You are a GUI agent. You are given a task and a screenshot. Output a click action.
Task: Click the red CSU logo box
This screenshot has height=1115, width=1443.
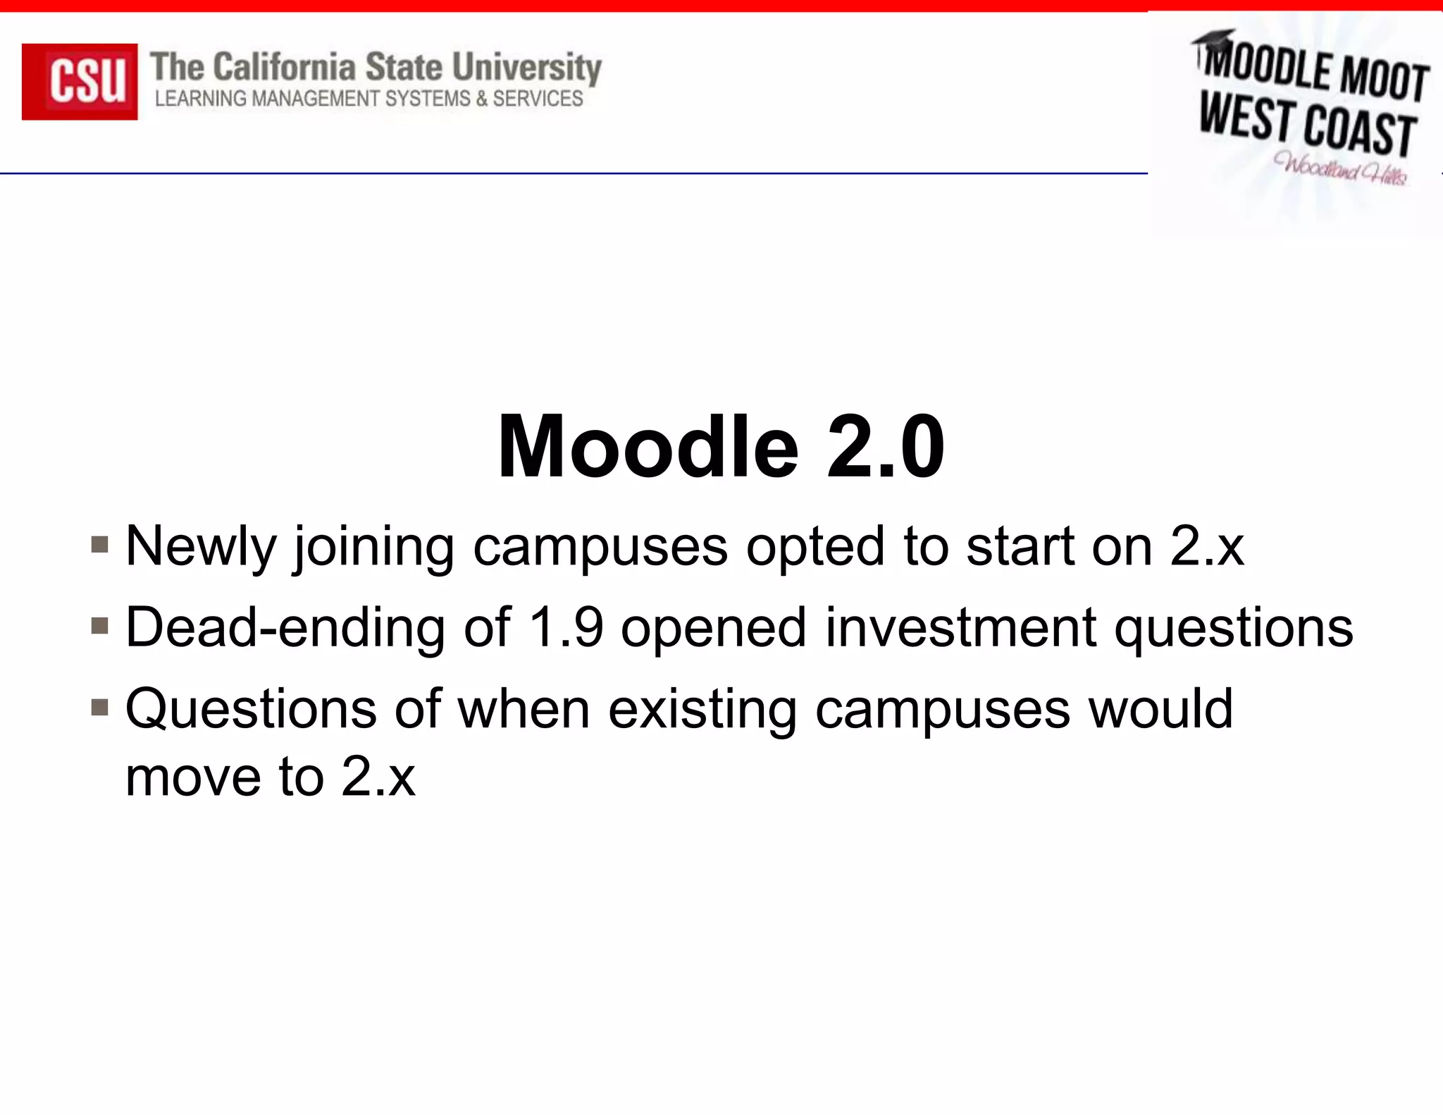[80, 81]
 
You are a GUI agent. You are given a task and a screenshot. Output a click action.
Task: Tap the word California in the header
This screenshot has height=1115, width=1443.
[284, 68]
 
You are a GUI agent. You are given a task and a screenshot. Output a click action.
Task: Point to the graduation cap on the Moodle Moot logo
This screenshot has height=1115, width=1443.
[1213, 39]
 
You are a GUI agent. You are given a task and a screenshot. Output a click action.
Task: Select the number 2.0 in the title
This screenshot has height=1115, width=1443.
[885, 447]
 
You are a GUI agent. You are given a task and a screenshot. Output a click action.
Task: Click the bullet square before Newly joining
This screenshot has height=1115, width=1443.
[100, 545]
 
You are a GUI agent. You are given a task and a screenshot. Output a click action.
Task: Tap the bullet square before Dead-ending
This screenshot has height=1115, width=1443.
[100, 626]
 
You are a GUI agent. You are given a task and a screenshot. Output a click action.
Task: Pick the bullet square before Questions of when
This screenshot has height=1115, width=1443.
[100, 707]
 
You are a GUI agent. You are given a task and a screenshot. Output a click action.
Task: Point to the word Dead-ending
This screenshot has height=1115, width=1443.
[285, 627]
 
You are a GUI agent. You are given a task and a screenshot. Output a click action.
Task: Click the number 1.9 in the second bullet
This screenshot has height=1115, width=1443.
[566, 627]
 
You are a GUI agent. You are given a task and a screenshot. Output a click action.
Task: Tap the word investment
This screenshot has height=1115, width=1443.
[960, 627]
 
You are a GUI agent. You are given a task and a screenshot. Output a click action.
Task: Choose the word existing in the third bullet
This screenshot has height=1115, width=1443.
[702, 709]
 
